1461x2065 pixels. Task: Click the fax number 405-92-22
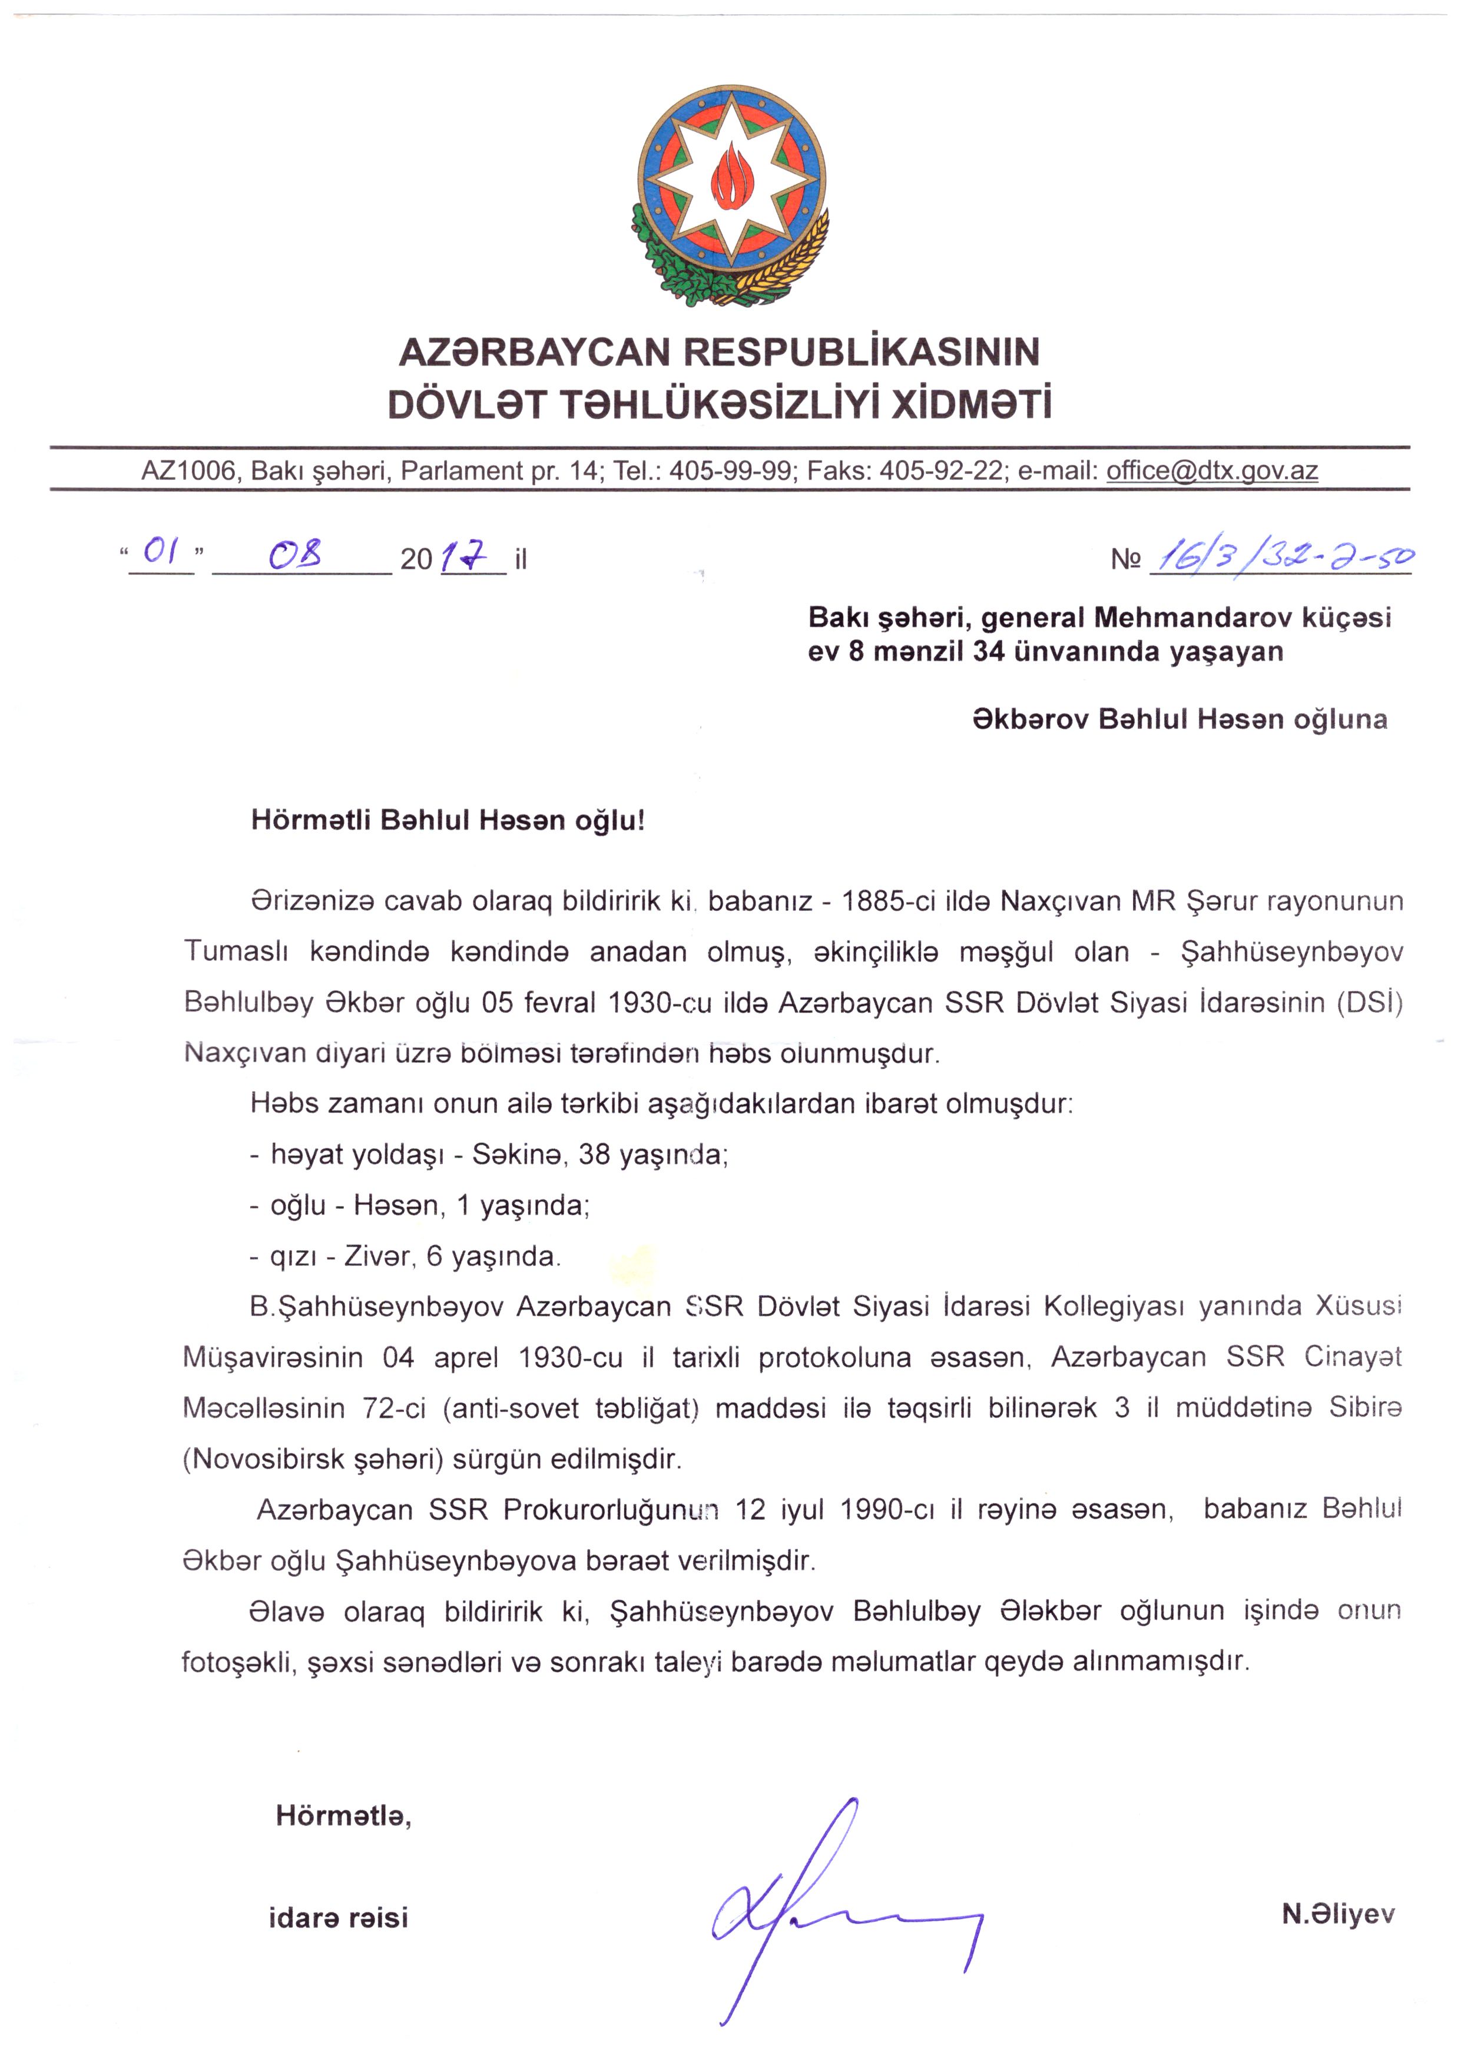coord(940,470)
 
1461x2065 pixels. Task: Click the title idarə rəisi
coord(338,1917)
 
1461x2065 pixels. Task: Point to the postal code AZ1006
coord(188,470)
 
